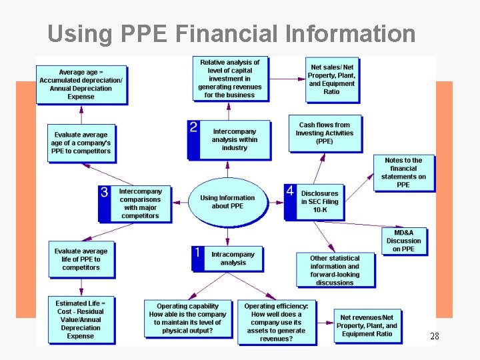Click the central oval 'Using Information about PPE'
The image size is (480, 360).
[227, 202]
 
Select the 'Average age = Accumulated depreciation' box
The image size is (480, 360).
[81, 84]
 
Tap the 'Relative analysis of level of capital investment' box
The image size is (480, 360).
[229, 78]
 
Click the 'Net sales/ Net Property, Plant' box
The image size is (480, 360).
[332, 80]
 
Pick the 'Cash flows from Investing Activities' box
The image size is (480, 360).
[325, 133]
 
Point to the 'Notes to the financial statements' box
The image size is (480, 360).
[403, 172]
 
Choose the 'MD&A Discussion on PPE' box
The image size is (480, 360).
[403, 241]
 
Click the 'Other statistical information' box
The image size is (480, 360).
[334, 270]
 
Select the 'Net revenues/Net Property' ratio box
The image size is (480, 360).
[366, 325]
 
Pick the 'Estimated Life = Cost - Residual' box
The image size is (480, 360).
[81, 319]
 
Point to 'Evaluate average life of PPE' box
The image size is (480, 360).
[81, 259]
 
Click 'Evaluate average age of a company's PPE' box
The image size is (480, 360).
[81, 143]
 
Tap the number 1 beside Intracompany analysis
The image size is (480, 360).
[197, 253]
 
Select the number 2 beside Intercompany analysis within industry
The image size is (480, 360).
[193, 127]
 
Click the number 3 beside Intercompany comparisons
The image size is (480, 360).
[104, 192]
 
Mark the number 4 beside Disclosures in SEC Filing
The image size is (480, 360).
[290, 191]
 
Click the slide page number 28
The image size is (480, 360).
[434, 337]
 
